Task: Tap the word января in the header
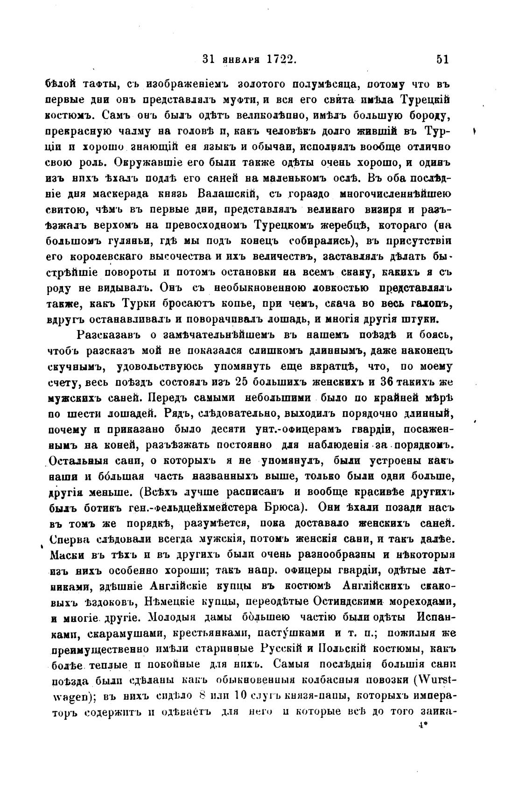[x=239, y=60]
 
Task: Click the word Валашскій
[x=226, y=193]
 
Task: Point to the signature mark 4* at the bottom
[x=424, y=726]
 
